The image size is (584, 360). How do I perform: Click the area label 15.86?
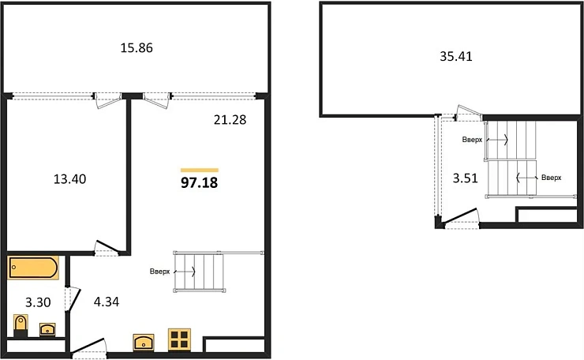coord(137,47)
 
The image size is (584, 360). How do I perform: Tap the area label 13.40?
coord(69,179)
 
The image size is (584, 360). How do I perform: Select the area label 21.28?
coord(230,120)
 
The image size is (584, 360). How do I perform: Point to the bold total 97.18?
coord(199,182)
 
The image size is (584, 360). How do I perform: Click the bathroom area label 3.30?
coord(38,302)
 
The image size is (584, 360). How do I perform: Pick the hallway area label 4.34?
coord(107,302)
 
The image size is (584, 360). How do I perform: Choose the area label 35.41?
coord(456,56)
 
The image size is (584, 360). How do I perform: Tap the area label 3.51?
coord(465,178)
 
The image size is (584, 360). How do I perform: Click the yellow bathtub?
coord(33,267)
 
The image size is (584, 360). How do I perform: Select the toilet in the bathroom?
coord(21,325)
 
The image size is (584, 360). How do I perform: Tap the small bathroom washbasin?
coord(47,329)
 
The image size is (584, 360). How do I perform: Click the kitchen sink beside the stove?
coord(144,342)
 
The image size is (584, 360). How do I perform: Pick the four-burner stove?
coord(179,339)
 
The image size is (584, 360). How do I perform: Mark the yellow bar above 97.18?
coord(200,171)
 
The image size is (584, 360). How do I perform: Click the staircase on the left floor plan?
coord(199,272)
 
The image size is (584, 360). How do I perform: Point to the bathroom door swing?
coord(73,298)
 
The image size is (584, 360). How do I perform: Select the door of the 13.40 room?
coord(107,248)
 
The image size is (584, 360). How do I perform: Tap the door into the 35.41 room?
coord(470,113)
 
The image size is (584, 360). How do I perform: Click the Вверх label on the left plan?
coord(159,272)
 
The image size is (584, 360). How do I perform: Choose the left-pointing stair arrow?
coord(526,178)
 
